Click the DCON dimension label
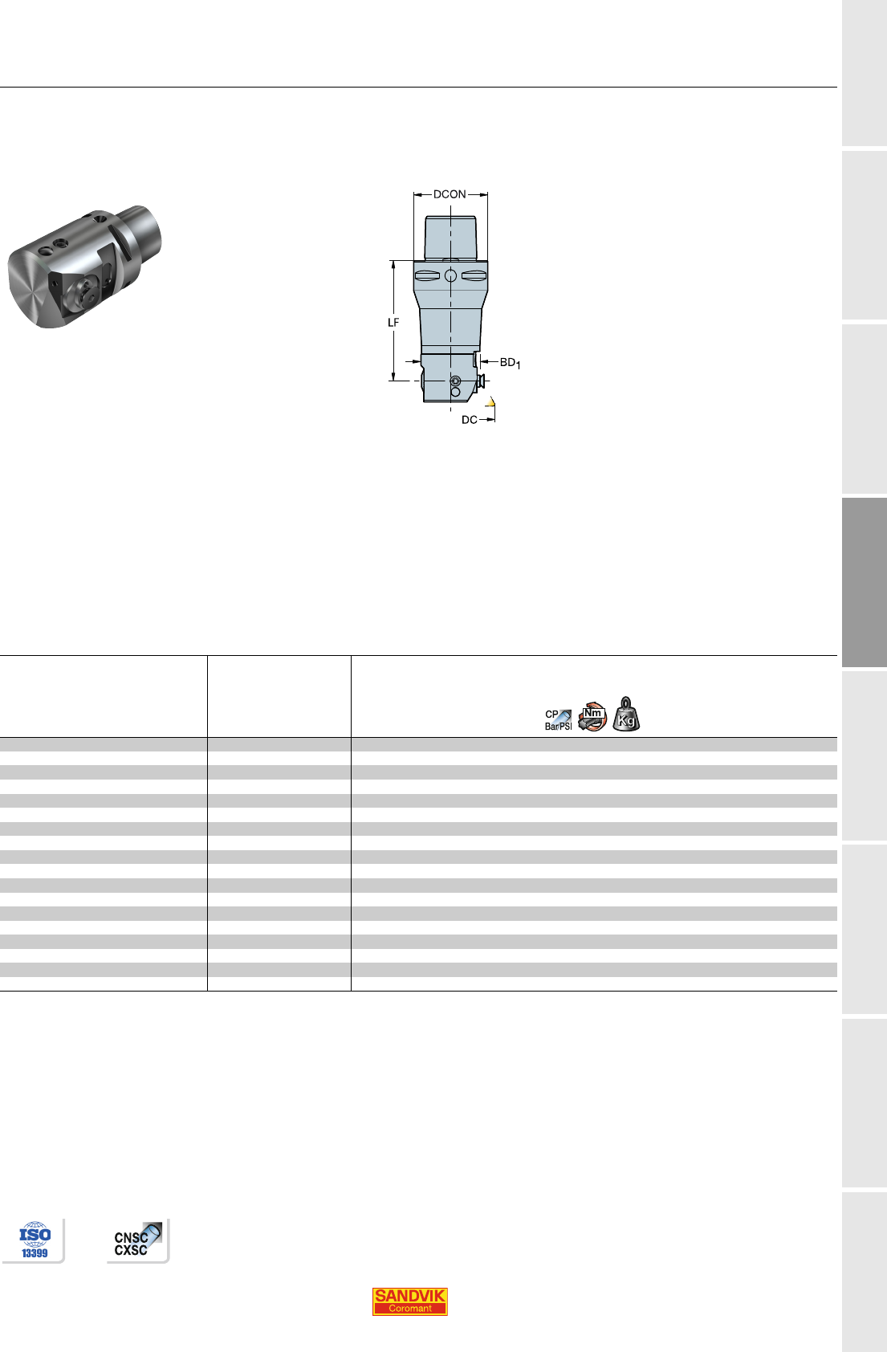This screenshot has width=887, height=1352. click(x=450, y=194)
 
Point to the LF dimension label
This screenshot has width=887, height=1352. click(x=393, y=322)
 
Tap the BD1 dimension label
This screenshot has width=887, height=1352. click(x=510, y=363)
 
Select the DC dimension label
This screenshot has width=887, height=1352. click(x=469, y=419)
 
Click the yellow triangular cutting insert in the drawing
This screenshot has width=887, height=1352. click(x=491, y=402)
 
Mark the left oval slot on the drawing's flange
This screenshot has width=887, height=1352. click(x=428, y=276)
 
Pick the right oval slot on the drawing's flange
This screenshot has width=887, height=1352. click(x=474, y=276)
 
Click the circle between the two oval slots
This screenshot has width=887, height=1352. click(x=451, y=276)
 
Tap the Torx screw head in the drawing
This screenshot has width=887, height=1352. click(x=456, y=381)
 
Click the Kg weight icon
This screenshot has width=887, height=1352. click(x=626, y=715)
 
